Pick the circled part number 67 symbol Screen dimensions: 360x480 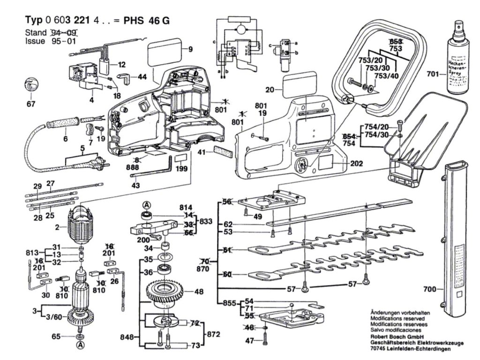(30, 87)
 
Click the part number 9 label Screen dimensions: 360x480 (191, 49)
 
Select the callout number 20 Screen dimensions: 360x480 (269, 90)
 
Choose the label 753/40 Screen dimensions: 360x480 (388, 76)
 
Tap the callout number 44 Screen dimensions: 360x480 (142, 76)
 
